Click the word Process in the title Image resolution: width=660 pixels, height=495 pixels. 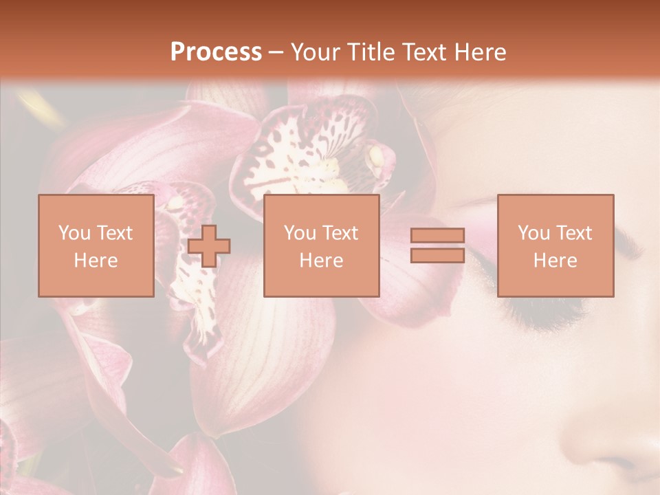(x=216, y=52)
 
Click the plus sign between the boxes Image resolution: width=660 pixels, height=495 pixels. (x=209, y=246)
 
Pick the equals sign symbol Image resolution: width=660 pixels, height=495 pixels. (x=437, y=245)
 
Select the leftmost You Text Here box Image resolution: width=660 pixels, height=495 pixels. (x=96, y=246)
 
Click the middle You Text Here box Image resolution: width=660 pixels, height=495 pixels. (x=321, y=246)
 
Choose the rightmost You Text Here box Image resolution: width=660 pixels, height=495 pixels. (x=555, y=246)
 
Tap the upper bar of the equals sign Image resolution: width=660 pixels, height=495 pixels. (x=437, y=236)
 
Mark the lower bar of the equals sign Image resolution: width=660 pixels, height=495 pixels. (x=437, y=255)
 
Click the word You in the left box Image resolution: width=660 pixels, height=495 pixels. (x=73, y=233)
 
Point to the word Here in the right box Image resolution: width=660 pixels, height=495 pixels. (x=555, y=261)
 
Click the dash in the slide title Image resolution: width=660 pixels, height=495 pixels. (x=276, y=52)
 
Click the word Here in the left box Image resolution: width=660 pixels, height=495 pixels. (x=96, y=261)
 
